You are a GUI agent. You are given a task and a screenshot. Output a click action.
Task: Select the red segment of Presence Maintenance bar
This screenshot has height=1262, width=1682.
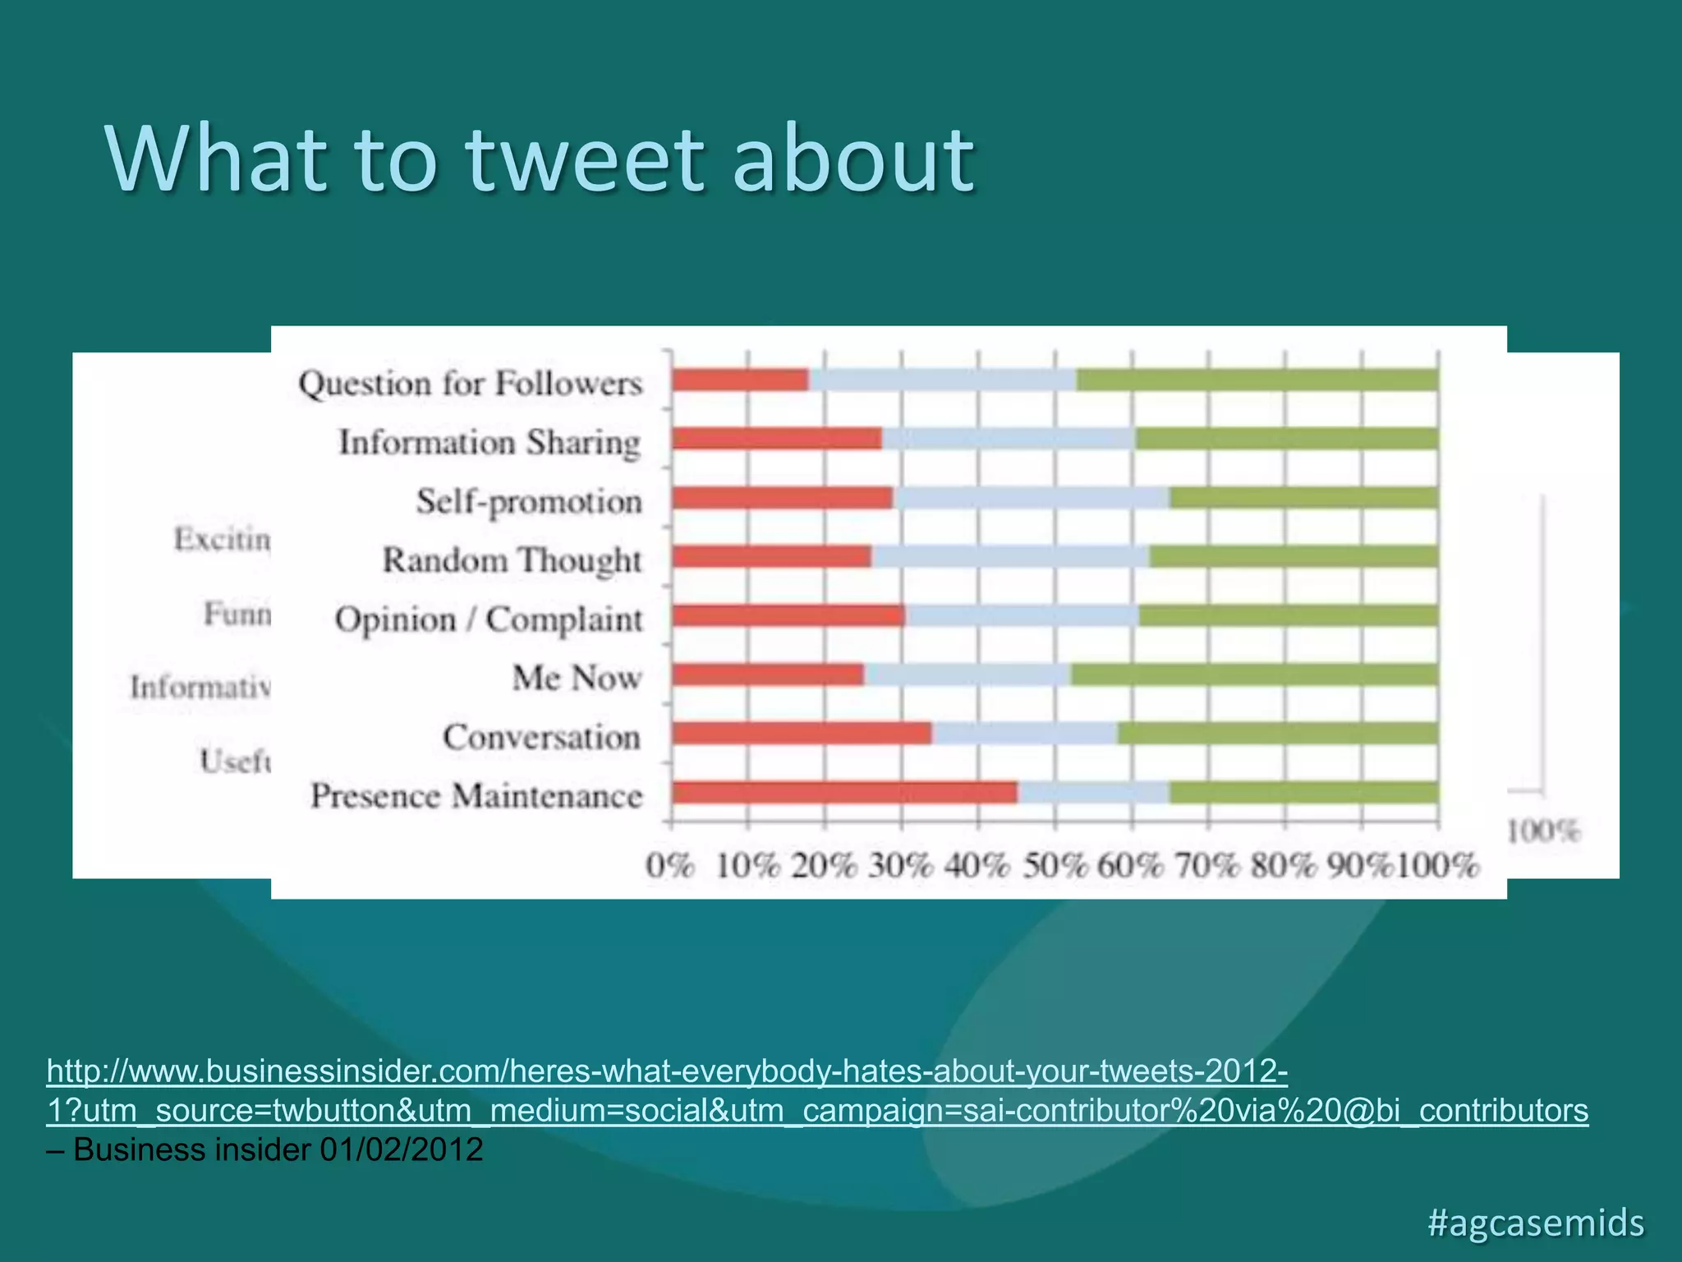tap(844, 792)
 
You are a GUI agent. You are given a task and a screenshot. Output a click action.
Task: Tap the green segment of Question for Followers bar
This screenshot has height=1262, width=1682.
tap(1257, 380)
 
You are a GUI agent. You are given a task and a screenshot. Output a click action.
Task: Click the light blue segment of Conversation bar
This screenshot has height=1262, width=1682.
tap(1024, 733)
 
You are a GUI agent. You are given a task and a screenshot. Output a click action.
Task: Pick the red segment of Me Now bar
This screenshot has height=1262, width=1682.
tap(768, 675)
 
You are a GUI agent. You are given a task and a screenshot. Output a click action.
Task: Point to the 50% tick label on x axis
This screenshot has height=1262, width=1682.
tap(1055, 866)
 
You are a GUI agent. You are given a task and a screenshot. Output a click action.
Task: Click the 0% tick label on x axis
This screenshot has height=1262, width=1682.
tap(669, 866)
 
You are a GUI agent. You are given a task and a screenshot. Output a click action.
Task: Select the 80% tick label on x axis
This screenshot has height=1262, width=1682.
tap(1284, 866)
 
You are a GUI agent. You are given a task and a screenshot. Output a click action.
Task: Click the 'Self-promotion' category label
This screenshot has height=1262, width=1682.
tap(529, 501)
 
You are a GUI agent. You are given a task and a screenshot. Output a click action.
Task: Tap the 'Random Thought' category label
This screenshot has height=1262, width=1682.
tap(512, 560)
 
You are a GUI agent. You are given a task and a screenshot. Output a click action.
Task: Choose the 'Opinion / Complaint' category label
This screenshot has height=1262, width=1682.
tap(489, 619)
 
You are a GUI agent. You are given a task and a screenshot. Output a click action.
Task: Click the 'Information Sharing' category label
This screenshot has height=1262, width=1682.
tap(489, 442)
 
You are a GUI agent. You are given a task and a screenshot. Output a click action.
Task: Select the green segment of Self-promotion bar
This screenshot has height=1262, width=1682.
tap(1303, 497)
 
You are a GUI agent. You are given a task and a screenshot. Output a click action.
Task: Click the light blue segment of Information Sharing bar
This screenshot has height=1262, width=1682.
tap(1009, 439)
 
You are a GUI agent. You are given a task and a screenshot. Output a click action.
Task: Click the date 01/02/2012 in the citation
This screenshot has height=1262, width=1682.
tap(401, 1149)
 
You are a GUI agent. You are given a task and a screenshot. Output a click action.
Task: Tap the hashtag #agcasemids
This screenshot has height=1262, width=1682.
tap(1536, 1223)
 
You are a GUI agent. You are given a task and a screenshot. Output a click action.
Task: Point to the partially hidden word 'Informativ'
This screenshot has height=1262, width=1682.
tap(200, 686)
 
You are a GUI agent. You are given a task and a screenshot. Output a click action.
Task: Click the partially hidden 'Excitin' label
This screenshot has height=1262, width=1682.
tap(222, 539)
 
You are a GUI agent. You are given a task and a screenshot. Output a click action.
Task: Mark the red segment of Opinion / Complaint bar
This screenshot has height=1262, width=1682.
tap(788, 615)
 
